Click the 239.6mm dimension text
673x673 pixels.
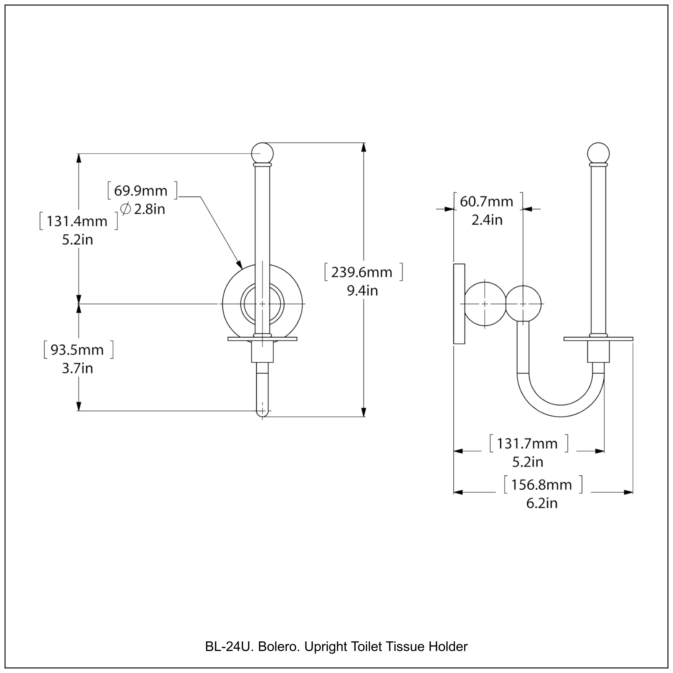(362, 272)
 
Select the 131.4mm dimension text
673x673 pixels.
(77, 221)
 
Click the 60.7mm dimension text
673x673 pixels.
(486, 202)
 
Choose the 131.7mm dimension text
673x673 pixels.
(527, 444)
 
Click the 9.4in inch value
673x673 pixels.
(362, 291)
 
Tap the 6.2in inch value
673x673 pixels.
(542, 503)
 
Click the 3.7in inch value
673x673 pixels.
(77, 368)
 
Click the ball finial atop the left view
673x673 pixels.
(262, 153)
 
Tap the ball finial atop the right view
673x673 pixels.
(598, 153)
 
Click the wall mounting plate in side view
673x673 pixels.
(459, 304)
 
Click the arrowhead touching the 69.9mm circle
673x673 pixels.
(239, 265)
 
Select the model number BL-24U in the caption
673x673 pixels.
(230, 647)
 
